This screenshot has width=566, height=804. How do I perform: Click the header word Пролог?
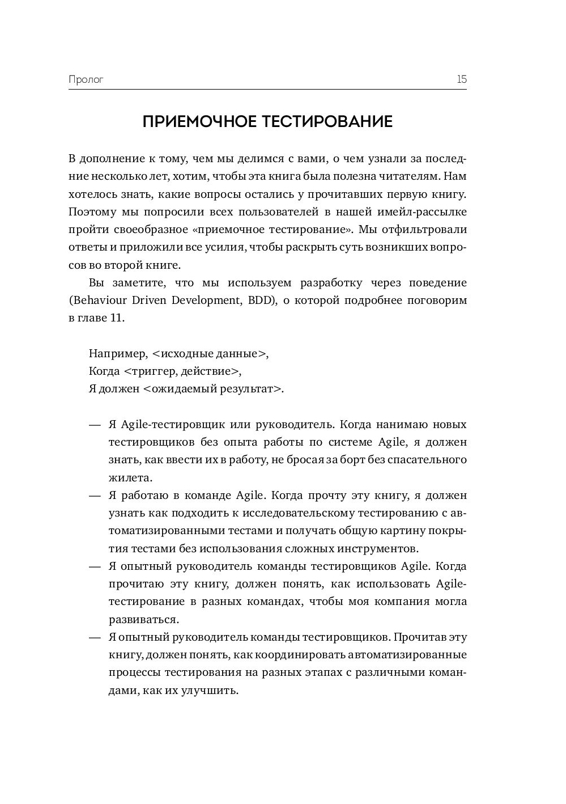pyautogui.click(x=86, y=79)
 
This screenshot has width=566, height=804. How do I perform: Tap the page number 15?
pyautogui.click(x=461, y=79)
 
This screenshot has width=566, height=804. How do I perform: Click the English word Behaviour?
pyautogui.click(x=97, y=301)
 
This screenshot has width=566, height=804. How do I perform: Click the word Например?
pyautogui.click(x=117, y=354)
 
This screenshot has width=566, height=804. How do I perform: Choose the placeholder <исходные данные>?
pyautogui.click(x=210, y=354)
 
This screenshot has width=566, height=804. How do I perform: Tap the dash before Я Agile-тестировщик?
pyautogui.click(x=95, y=425)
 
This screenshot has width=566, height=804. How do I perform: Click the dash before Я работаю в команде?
pyautogui.click(x=95, y=496)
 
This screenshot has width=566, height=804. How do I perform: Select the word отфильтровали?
pyautogui.click(x=431, y=230)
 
